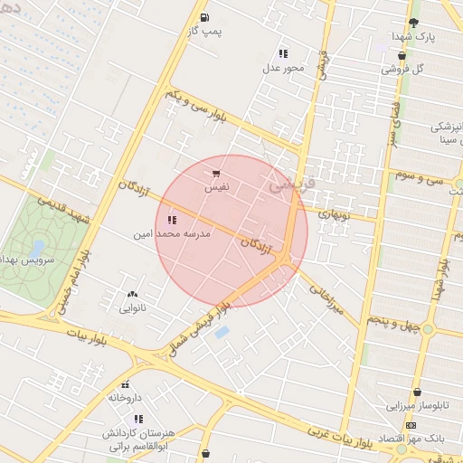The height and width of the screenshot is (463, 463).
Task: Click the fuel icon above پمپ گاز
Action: pos(204,17)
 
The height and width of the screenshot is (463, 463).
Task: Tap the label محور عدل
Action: pos(284,68)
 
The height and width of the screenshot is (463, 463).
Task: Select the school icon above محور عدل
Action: pos(284,53)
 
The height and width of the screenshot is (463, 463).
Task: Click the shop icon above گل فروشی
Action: pos(402,55)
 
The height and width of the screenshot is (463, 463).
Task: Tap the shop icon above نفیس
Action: pos(215,174)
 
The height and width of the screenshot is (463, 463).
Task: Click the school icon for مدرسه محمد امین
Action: pos(172,220)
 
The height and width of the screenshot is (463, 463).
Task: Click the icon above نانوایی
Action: pos(133,293)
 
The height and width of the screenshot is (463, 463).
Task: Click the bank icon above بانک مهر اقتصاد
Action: pos(411,425)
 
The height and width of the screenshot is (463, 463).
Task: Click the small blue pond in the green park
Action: pos(37,245)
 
